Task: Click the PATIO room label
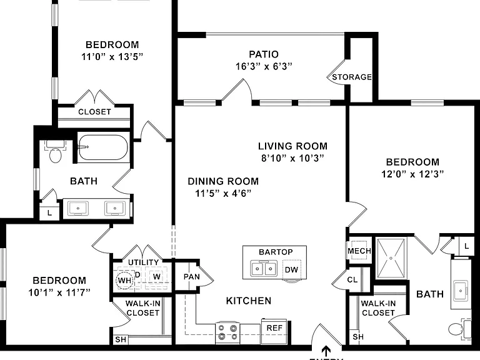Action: click(264, 54)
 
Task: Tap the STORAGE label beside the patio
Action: click(352, 77)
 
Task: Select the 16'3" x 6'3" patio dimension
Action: click(264, 66)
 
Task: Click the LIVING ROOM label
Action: click(292, 146)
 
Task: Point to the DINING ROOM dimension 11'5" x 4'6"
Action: click(223, 193)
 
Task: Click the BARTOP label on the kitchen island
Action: click(276, 252)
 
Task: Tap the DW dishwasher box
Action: click(291, 269)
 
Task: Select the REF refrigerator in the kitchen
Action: click(274, 331)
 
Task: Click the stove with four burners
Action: click(227, 333)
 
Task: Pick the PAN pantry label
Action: click(192, 277)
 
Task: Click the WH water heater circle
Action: click(124, 280)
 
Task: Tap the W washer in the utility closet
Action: click(156, 276)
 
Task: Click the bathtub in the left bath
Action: click(102, 147)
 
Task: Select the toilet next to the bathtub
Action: click(55, 151)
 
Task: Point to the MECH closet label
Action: click(359, 251)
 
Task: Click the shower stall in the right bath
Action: click(391, 259)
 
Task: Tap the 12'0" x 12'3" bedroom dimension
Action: click(412, 174)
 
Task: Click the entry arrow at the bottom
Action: click(326, 351)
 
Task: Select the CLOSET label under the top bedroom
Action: click(94, 112)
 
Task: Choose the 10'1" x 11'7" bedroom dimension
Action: click(59, 292)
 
